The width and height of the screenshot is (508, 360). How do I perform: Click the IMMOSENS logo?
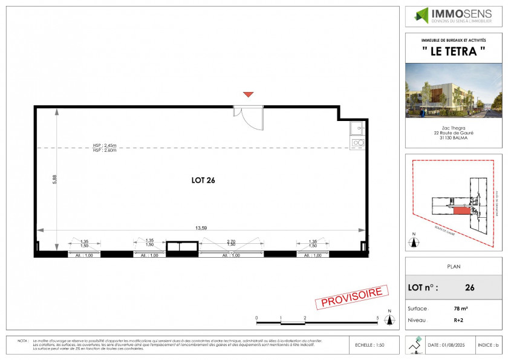[x=452, y=15]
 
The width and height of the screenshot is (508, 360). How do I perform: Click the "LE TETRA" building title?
[x=453, y=51]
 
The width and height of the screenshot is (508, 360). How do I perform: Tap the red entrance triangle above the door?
[x=247, y=94]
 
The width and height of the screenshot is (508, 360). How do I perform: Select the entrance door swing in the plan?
[x=248, y=117]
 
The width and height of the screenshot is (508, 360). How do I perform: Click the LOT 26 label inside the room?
[x=203, y=180]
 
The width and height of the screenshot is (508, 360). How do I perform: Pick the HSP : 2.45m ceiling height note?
[x=104, y=145]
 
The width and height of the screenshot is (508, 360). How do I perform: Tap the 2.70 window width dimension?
[x=230, y=241]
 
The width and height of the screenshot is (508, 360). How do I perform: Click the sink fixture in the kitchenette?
[x=357, y=129]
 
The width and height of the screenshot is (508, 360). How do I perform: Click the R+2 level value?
[x=460, y=319]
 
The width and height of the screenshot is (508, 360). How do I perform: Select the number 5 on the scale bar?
[x=377, y=317]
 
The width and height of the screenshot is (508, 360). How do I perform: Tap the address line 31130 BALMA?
[x=453, y=137]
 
